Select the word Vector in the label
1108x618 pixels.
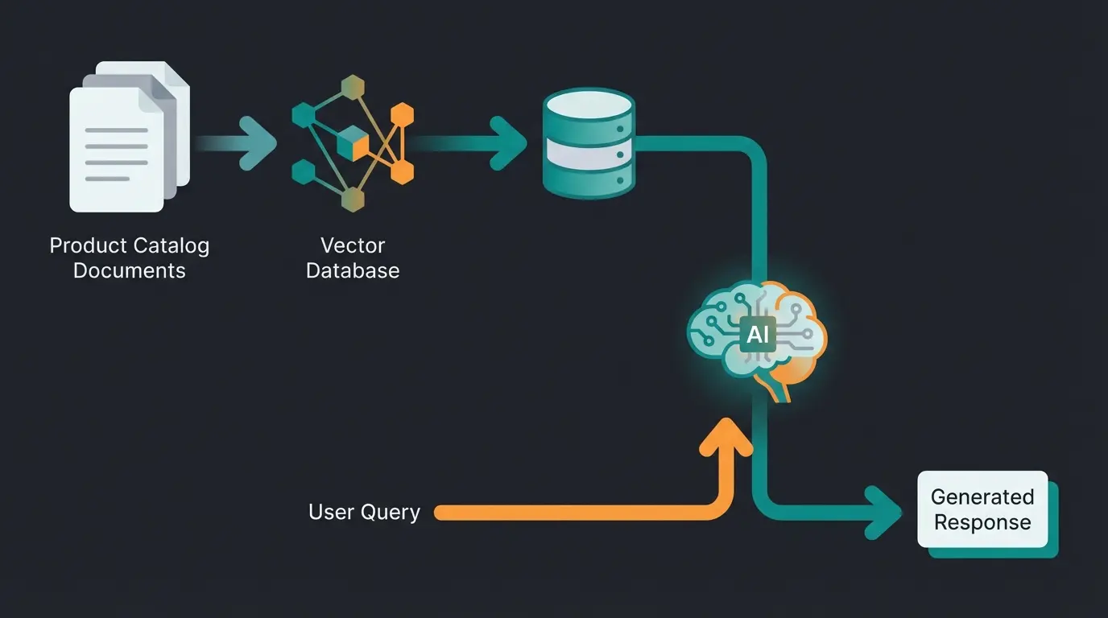click(x=353, y=245)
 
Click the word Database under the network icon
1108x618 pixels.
click(x=353, y=270)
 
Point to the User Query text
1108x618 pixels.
click(x=364, y=513)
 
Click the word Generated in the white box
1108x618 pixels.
click(x=982, y=496)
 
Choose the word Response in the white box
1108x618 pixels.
click(x=982, y=522)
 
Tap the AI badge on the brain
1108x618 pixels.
click(x=758, y=335)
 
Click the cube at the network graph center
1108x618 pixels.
click(x=352, y=143)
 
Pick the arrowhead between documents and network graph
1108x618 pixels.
click(x=260, y=143)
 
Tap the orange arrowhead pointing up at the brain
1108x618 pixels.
click(x=727, y=439)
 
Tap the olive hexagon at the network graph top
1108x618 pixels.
click(x=352, y=87)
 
